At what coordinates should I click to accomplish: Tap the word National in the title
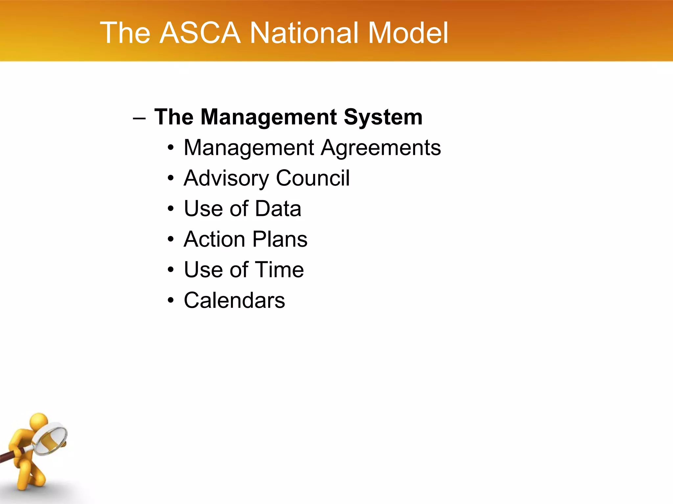click(304, 33)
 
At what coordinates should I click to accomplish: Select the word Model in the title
click(407, 33)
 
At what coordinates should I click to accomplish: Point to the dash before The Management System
click(139, 118)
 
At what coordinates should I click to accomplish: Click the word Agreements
click(381, 148)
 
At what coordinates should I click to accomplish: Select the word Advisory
click(226, 178)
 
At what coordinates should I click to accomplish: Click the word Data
click(278, 209)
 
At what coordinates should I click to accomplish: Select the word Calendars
click(234, 300)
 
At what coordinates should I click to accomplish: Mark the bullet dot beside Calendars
click(170, 300)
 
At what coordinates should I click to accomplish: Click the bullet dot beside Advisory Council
click(170, 178)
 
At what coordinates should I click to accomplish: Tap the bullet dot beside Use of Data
click(170, 209)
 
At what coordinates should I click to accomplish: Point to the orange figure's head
click(39, 421)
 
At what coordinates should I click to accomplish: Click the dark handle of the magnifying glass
click(10, 456)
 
